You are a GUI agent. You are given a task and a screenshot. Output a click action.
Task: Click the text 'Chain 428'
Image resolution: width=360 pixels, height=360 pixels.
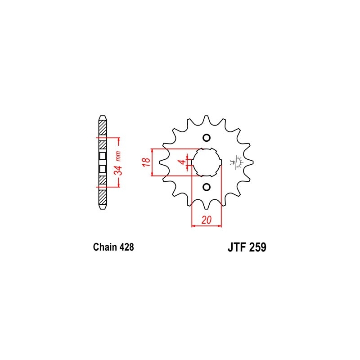(113, 247)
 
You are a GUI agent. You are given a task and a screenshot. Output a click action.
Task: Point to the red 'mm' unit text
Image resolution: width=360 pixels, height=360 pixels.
(117, 157)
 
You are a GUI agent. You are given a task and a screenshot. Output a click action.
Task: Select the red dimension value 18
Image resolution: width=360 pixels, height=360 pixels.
(146, 162)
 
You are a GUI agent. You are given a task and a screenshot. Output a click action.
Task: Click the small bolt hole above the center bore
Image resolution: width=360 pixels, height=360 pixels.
(207, 138)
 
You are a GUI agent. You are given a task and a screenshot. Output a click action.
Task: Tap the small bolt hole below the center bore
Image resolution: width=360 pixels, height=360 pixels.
(207, 187)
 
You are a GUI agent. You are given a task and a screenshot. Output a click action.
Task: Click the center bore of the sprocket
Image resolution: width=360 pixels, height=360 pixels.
(207, 162)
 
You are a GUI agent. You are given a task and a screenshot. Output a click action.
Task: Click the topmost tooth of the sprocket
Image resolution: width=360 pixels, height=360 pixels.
(207, 118)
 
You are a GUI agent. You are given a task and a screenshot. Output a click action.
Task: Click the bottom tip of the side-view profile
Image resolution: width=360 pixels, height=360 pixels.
(103, 207)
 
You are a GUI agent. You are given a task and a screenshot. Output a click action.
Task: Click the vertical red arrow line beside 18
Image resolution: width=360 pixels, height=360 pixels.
(153, 162)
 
